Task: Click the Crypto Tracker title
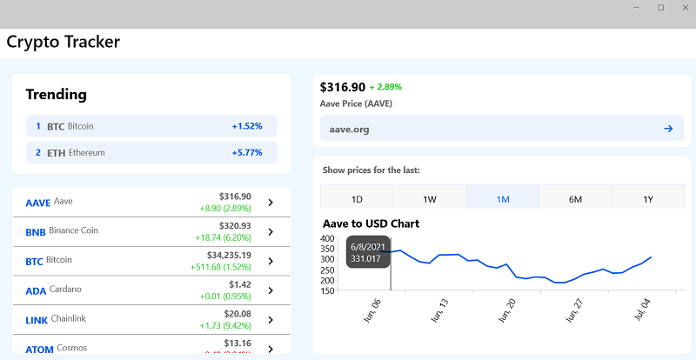(64, 42)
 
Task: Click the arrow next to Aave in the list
(271, 203)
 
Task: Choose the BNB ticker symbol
(36, 231)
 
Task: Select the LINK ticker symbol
(37, 320)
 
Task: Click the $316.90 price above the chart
(343, 87)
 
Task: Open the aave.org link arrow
(668, 129)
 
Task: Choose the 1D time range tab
(357, 199)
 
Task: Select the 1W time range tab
(430, 199)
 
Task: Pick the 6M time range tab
(575, 199)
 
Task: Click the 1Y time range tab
(648, 199)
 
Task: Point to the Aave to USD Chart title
(371, 223)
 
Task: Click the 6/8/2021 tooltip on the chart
(367, 252)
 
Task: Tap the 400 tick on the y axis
(328, 238)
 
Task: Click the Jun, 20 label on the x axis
(505, 310)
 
